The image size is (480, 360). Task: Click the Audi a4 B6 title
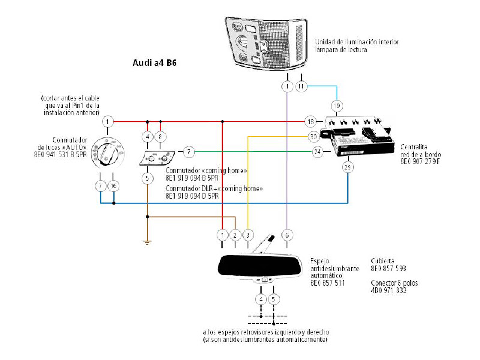(x=155, y=63)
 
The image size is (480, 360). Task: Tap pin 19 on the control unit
(x=337, y=106)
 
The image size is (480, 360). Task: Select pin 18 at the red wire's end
(x=310, y=122)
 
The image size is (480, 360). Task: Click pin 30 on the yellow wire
(x=313, y=137)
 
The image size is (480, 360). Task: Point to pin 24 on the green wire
(x=318, y=152)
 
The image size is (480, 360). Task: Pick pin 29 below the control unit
(x=347, y=167)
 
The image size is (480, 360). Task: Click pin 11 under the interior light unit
(x=301, y=86)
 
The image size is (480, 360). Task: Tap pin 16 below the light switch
(x=113, y=186)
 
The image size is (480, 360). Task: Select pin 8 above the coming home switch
(x=160, y=137)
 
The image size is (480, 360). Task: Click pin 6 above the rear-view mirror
(x=287, y=235)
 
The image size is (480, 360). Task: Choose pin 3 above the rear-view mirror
(x=248, y=235)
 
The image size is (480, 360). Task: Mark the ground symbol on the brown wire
(x=147, y=243)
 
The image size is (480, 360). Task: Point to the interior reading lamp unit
(x=266, y=43)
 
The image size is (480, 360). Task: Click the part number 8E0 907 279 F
(x=420, y=161)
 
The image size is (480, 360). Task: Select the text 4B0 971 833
(x=388, y=290)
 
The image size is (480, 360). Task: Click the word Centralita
(x=413, y=147)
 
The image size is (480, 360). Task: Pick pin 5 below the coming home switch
(x=147, y=178)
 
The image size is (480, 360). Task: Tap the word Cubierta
(x=383, y=261)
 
